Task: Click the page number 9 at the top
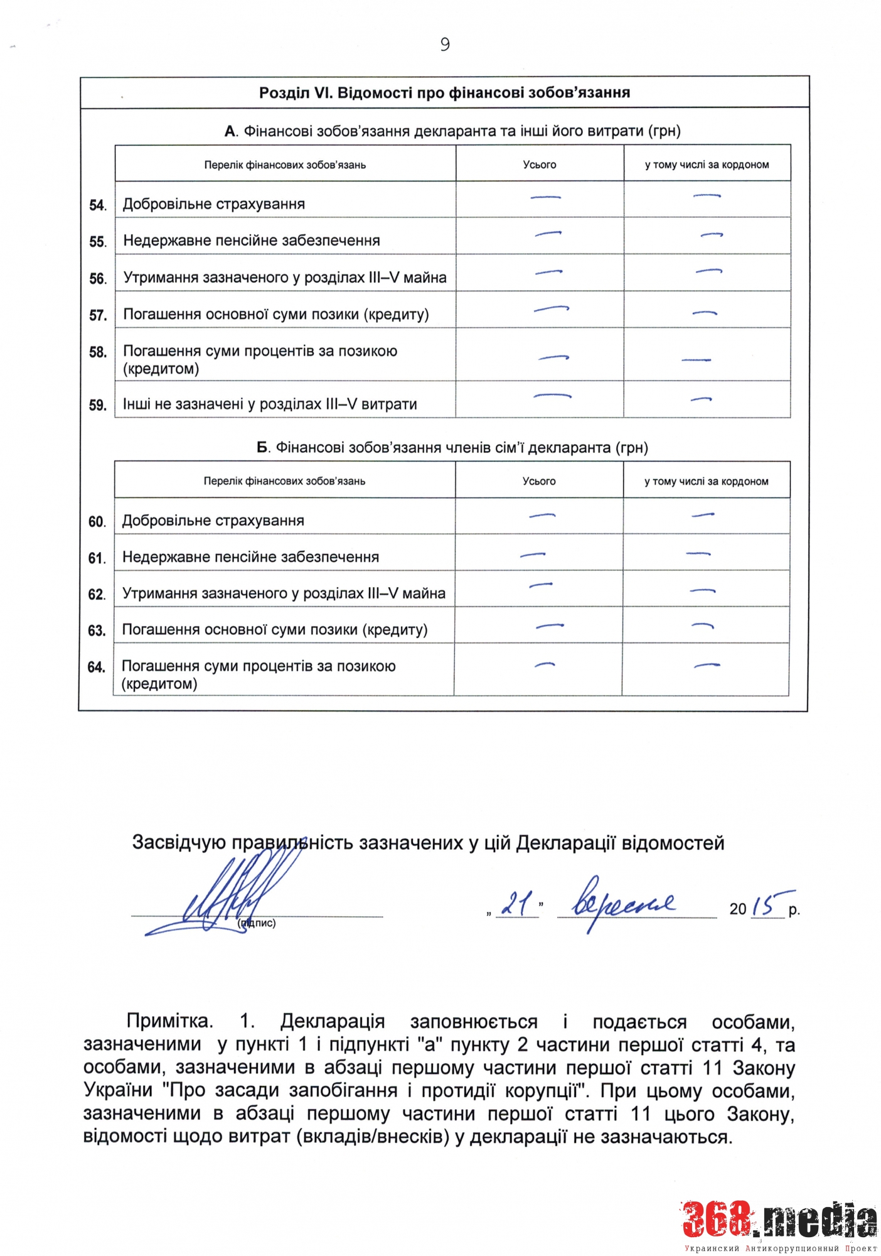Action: click(x=445, y=45)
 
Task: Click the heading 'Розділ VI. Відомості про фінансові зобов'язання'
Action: click(x=444, y=93)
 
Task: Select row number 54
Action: click(x=97, y=205)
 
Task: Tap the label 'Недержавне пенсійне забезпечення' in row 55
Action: click(x=251, y=241)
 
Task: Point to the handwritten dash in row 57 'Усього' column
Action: click(x=551, y=309)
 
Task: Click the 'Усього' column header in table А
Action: click(x=540, y=165)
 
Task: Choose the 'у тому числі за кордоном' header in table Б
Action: click(x=706, y=481)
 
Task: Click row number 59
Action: click(x=97, y=405)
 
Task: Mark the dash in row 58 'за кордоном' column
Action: click(x=696, y=360)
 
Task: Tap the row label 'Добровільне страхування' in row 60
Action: click(x=213, y=521)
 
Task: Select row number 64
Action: click(x=96, y=667)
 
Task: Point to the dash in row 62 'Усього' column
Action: click(x=541, y=585)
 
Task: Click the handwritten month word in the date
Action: click(x=621, y=903)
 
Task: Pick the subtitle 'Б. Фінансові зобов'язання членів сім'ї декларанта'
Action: click(x=452, y=448)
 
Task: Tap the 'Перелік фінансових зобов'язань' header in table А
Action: click(x=285, y=165)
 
